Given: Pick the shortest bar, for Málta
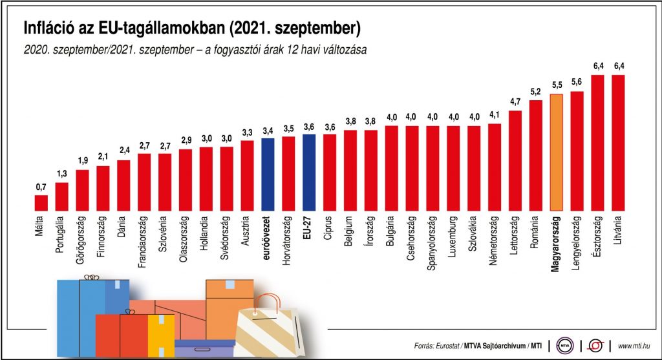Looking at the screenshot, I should [x=41, y=204].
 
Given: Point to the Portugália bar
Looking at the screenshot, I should [x=62, y=197].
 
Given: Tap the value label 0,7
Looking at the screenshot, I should [x=41, y=187].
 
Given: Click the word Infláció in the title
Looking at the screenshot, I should [x=49, y=28].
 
